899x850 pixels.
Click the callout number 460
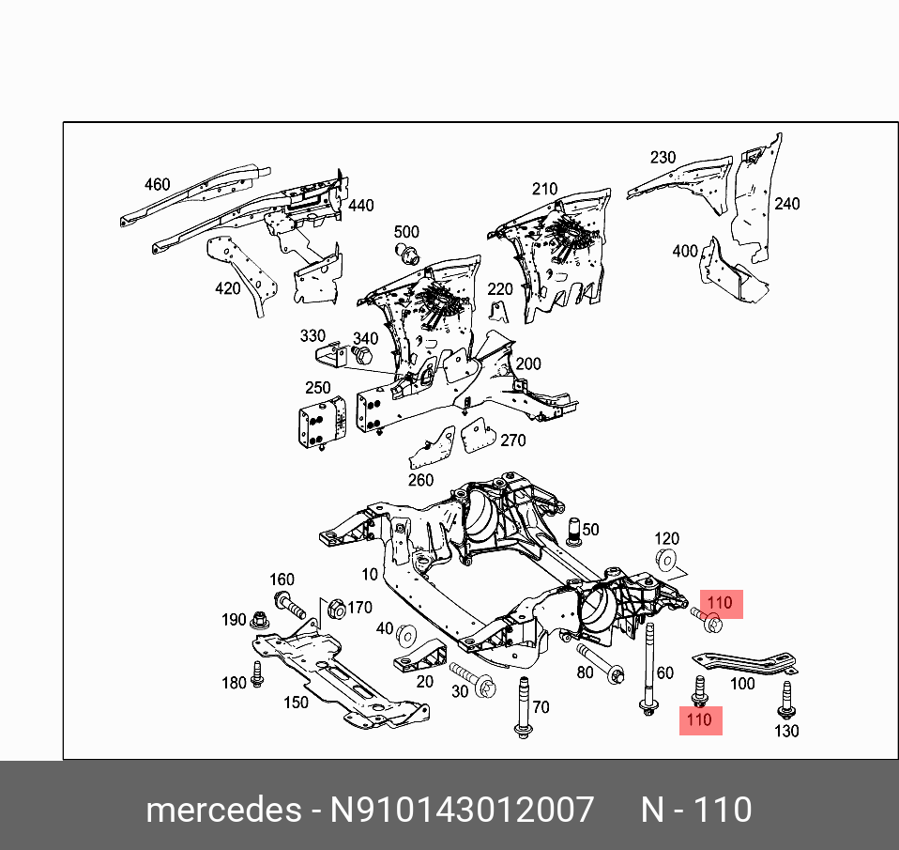pyautogui.click(x=158, y=185)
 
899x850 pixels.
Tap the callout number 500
pyautogui.click(x=406, y=232)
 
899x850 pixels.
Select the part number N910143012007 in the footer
pyautogui.click(x=460, y=810)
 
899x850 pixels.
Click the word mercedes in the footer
pyautogui.click(x=221, y=810)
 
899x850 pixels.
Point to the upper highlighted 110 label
pyautogui.click(x=720, y=603)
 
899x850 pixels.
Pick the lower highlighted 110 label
pyautogui.click(x=699, y=720)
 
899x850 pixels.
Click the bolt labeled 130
pyautogui.click(x=785, y=700)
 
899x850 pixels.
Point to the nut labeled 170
pyautogui.click(x=335, y=610)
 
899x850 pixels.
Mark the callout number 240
pyautogui.click(x=786, y=204)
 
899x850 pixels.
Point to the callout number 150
pyautogui.click(x=296, y=702)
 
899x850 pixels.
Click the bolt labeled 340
pyautogui.click(x=362, y=356)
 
